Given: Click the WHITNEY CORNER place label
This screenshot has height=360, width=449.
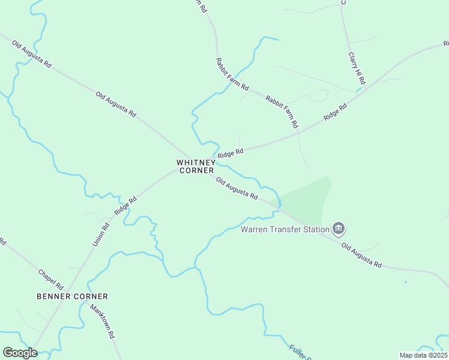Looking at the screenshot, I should [x=195, y=166].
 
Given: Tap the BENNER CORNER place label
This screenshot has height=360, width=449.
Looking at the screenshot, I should [x=72, y=296].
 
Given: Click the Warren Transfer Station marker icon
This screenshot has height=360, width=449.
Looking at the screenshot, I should [x=339, y=229].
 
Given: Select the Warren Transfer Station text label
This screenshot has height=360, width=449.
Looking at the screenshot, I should [x=285, y=229].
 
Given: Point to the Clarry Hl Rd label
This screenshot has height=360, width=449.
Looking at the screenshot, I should [x=357, y=67].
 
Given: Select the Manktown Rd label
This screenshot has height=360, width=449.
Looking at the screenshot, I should [x=102, y=322].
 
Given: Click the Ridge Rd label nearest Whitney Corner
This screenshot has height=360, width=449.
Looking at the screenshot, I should [x=231, y=154].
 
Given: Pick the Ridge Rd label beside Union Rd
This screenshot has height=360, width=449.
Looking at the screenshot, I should [x=122, y=206].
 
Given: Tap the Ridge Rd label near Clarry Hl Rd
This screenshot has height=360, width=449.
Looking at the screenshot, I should [x=335, y=113].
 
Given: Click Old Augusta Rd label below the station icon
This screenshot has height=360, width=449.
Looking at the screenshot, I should [x=361, y=254].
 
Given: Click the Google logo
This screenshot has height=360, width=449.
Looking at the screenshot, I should [x=20, y=353].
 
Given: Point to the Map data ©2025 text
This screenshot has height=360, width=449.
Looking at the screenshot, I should [x=423, y=355].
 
